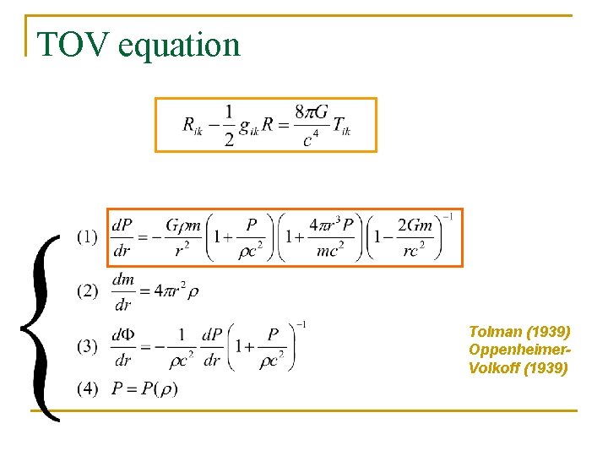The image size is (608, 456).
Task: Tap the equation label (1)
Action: click(87, 237)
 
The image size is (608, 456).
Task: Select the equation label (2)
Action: click(87, 291)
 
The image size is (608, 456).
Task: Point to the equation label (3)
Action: click(87, 346)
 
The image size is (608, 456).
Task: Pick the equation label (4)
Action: click(87, 389)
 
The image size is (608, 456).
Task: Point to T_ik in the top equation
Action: click(341, 126)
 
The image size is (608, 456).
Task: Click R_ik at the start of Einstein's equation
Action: click(192, 126)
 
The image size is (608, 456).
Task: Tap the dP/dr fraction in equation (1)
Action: click(122, 237)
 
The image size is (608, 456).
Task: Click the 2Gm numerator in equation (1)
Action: click(415, 225)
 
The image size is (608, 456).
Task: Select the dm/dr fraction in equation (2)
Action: click(122, 292)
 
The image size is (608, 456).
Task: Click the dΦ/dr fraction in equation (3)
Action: click(122, 347)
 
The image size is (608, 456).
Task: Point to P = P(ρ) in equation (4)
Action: click(144, 389)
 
